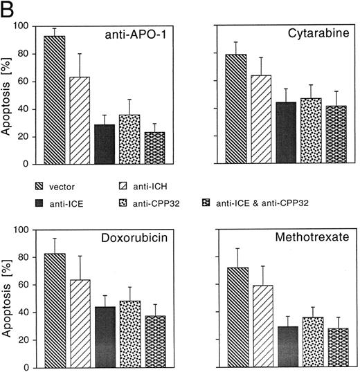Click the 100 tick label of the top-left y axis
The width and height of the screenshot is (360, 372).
(24, 26)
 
